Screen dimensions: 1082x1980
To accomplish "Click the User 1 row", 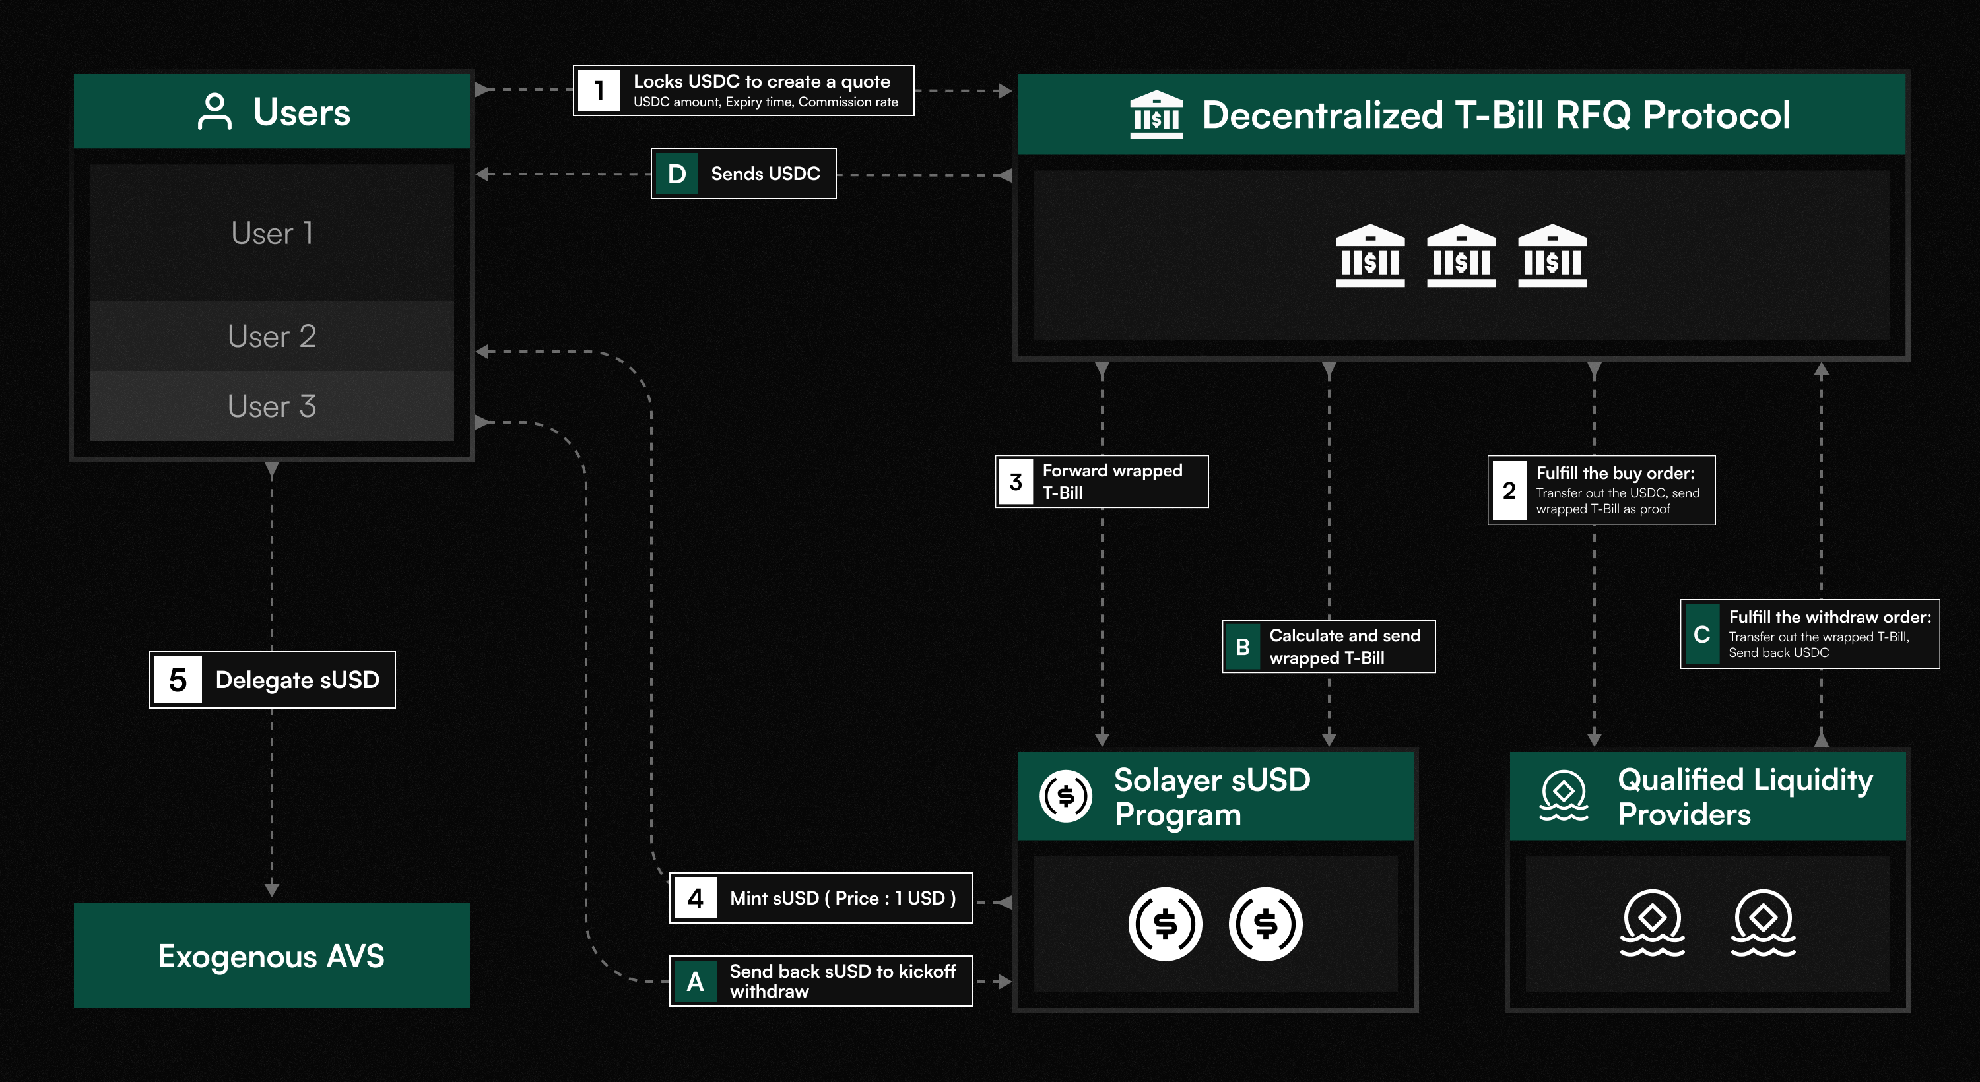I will tap(272, 233).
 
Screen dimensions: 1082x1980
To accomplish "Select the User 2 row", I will tap(272, 336).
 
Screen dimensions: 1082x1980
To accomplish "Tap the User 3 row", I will tap(272, 406).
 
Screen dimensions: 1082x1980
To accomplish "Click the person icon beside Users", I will tap(214, 112).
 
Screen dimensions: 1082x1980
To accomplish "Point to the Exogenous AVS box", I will tap(271, 955).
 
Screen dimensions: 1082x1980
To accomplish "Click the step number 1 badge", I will tap(599, 90).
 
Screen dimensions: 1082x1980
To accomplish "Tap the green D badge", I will tap(676, 174).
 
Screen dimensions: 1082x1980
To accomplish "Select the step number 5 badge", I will tap(178, 680).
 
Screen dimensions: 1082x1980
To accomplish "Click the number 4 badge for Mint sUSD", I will tap(696, 897).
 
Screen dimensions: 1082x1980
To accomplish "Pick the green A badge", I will tap(696, 981).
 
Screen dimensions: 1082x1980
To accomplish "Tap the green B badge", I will tap(1243, 647).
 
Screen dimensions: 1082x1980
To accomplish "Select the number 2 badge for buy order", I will tap(1509, 490).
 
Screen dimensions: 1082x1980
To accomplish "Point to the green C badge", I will tap(1701, 635).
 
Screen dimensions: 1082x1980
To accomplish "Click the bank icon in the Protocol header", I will tap(1156, 115).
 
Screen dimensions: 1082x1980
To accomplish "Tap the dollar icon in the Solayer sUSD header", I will tap(1066, 796).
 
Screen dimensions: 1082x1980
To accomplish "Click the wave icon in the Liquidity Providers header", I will tap(1564, 796).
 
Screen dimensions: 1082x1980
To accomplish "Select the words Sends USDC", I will tap(766, 174).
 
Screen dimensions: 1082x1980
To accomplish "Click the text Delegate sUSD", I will tap(298, 680).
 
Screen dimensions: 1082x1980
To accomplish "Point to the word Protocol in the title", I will tap(1717, 115).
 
